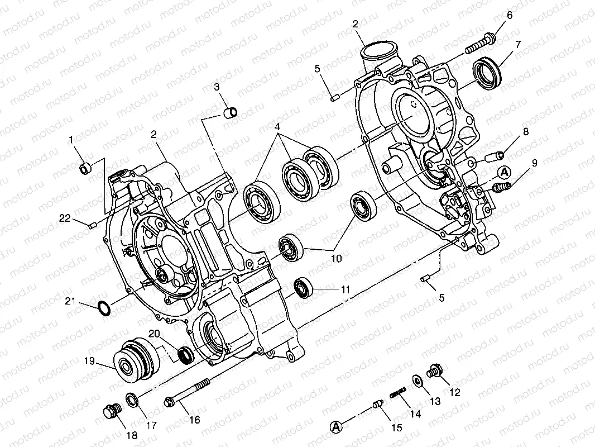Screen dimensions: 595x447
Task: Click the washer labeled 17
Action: click(x=132, y=400)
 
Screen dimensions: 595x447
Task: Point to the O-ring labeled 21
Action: click(x=104, y=308)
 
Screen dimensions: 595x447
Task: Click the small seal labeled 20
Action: click(x=186, y=355)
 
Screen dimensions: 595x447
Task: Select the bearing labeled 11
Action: click(x=304, y=288)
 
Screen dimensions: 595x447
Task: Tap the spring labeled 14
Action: click(x=398, y=392)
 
